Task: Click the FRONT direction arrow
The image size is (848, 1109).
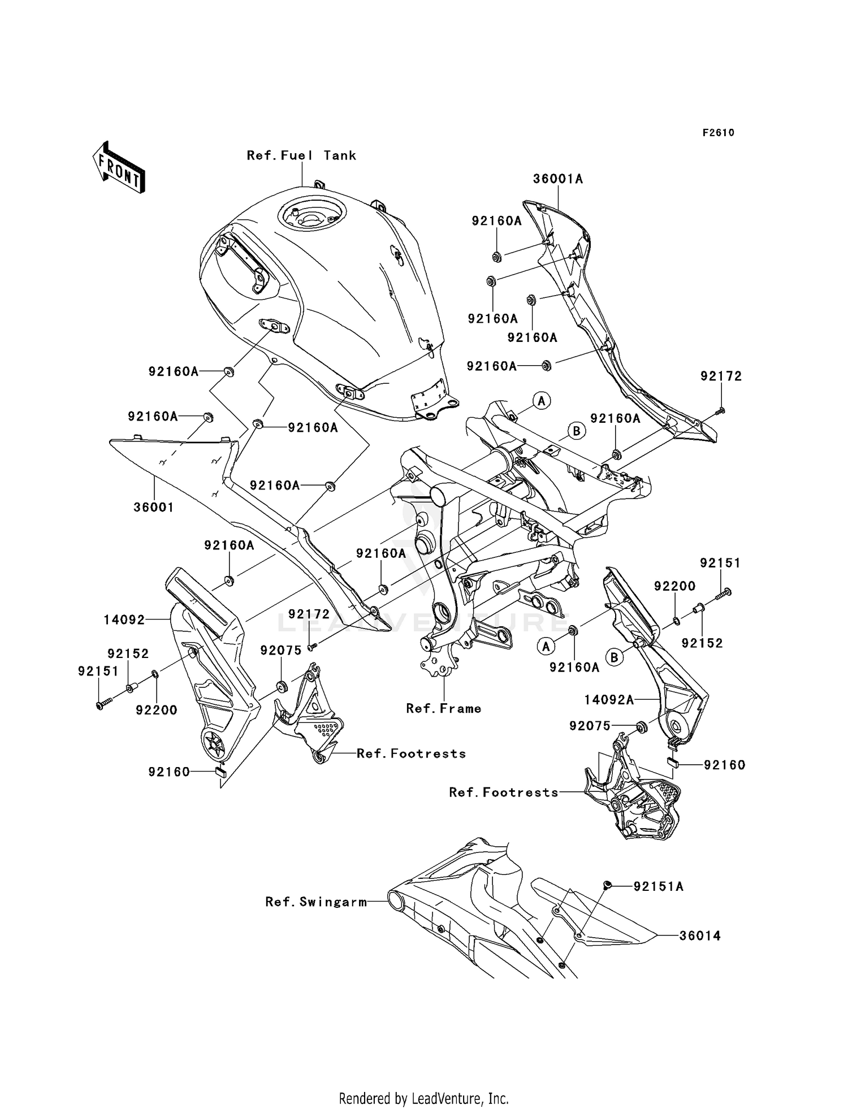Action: pos(119,167)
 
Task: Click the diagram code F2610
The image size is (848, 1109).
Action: pos(718,133)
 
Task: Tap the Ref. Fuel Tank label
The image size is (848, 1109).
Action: pos(301,155)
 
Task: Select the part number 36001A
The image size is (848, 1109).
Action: pos(557,179)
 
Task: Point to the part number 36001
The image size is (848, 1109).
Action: pos(153,508)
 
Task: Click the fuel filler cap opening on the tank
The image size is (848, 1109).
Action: pos(310,215)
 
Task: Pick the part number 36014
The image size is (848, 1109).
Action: pos(700,936)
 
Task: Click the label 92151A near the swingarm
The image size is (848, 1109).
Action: pos(658,887)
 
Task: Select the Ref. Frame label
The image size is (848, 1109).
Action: pos(444,709)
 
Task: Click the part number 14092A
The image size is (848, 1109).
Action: pos(608,700)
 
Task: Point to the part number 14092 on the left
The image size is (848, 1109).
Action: pos(124,620)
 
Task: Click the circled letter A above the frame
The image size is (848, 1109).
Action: pos(542,401)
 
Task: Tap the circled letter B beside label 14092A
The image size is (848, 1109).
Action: pos(615,657)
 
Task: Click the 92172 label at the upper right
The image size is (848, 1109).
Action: pos(721,376)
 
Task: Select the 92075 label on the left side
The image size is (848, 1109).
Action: pos(281,651)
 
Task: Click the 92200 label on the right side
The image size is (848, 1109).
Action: pos(674,587)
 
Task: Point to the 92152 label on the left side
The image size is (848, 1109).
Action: pos(128,654)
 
